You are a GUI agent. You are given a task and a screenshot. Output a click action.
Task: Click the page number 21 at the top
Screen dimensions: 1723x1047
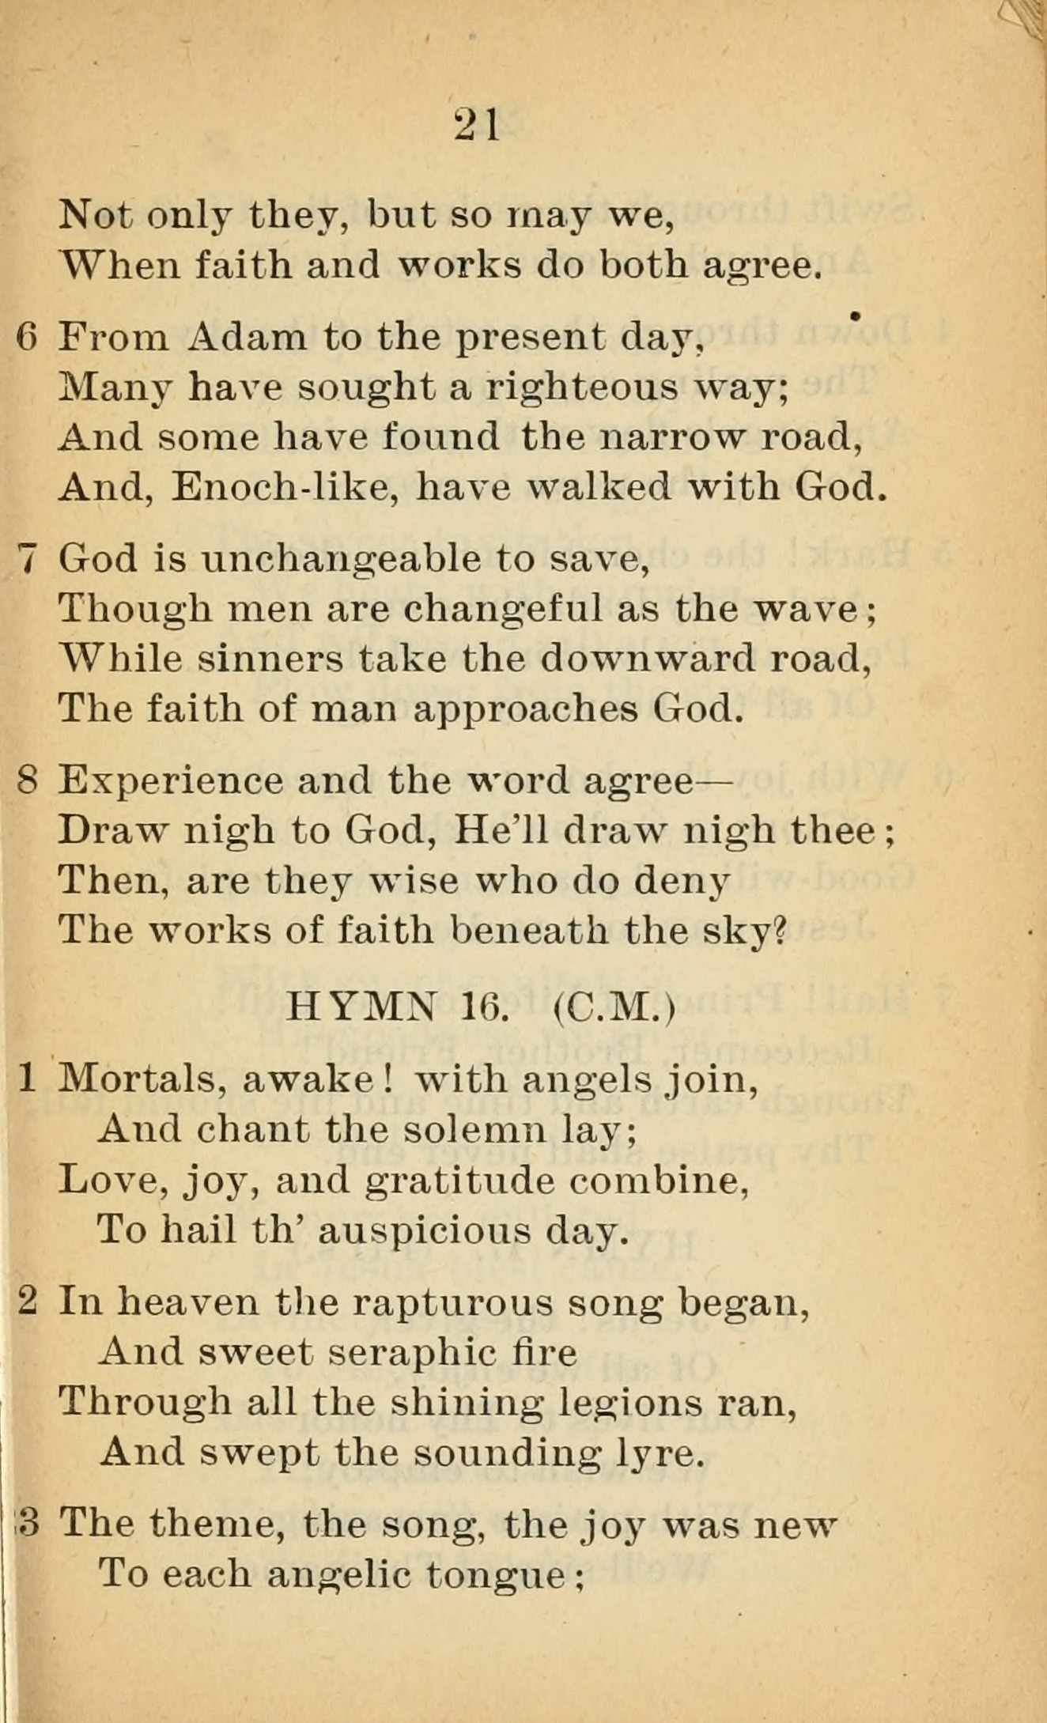coord(478,125)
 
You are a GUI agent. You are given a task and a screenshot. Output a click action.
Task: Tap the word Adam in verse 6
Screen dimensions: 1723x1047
coord(247,338)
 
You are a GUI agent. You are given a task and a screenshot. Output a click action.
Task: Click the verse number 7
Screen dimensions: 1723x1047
coord(27,560)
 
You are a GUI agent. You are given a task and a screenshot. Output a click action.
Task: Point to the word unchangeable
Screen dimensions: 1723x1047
coord(341,560)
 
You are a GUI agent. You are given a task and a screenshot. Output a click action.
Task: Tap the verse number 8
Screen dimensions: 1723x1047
coord(27,781)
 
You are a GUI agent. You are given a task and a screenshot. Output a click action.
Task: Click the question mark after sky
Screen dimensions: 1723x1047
coord(780,931)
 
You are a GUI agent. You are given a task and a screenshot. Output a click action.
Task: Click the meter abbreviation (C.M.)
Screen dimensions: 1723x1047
coord(614,1007)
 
